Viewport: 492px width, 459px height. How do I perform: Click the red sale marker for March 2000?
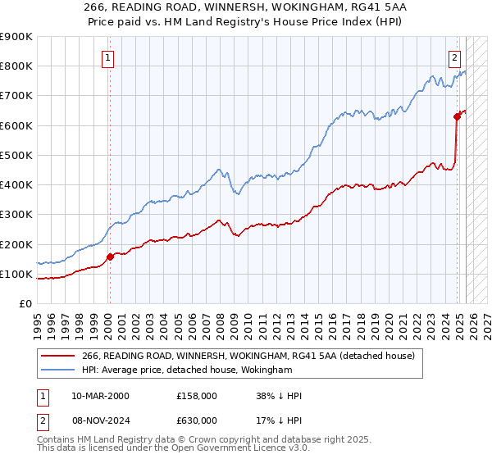coord(110,257)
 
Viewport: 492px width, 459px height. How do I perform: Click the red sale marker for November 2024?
coord(457,116)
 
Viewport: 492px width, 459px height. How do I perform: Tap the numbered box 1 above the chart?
coord(109,57)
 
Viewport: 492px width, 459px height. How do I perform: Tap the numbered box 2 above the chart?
coord(454,57)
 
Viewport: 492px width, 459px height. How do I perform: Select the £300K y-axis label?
coord(16,214)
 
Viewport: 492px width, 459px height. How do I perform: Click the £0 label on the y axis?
coord(25,303)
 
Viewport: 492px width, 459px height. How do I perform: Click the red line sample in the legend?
coord(57,356)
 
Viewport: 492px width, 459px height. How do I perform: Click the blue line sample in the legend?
coord(57,370)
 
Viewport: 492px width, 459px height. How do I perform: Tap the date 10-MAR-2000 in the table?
coord(100,396)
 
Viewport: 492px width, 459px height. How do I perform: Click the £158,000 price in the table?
coord(197,396)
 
